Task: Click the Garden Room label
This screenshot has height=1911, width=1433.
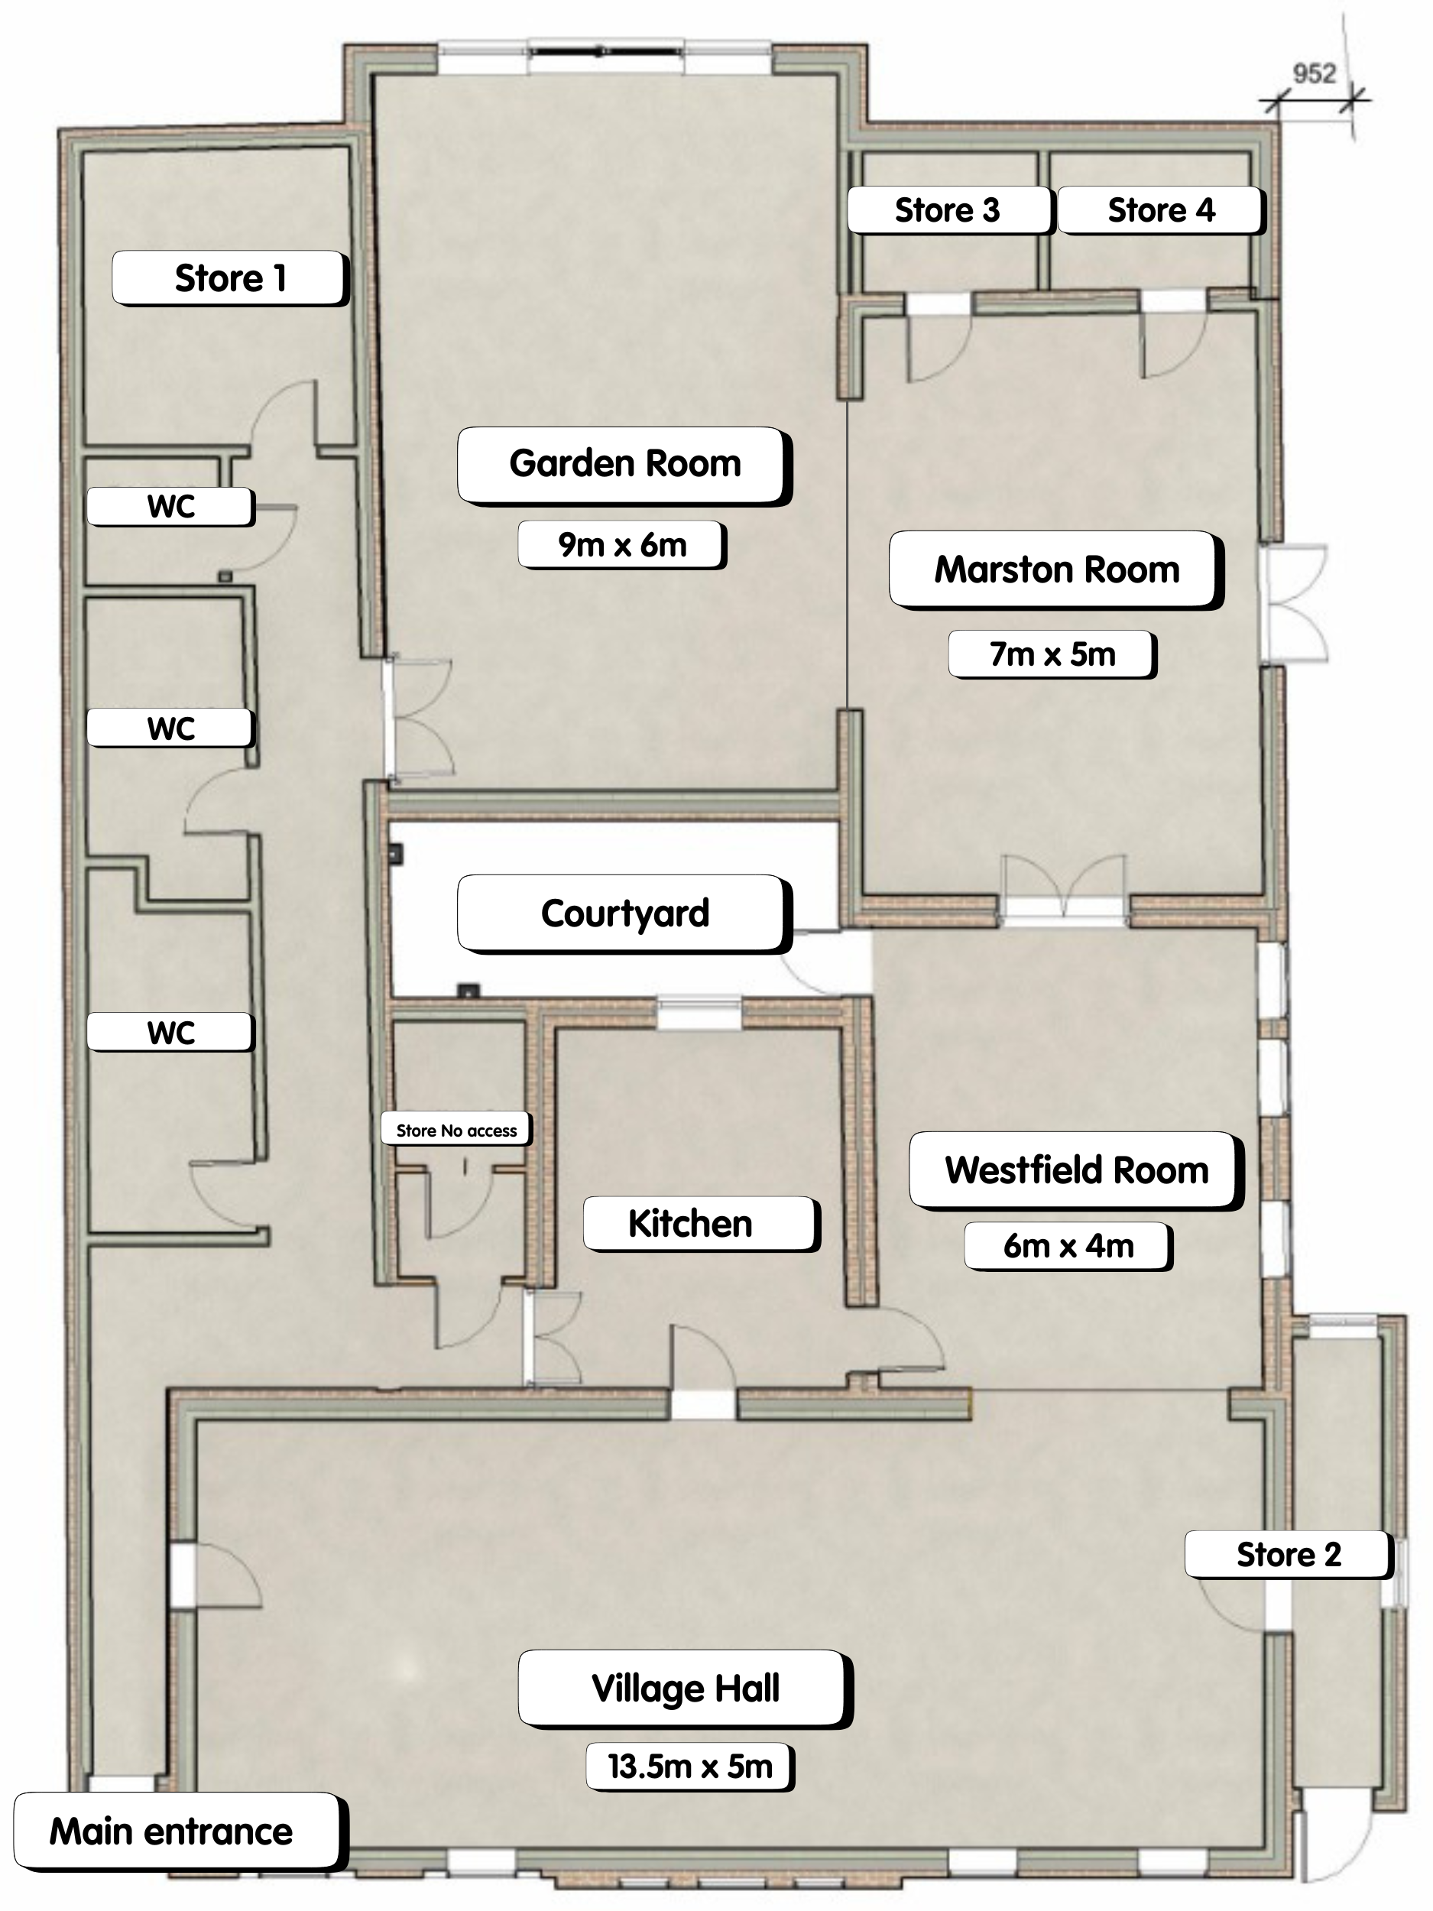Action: tap(624, 465)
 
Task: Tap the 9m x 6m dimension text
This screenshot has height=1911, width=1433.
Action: tap(622, 545)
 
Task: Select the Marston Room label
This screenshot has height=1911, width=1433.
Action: tap(1056, 570)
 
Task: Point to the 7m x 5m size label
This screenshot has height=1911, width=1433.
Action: tap(1052, 654)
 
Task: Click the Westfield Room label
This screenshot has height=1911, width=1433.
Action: tap(1076, 1170)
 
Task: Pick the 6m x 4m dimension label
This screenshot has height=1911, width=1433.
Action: tap(1068, 1246)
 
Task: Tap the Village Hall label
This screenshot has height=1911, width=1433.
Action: tap(686, 1689)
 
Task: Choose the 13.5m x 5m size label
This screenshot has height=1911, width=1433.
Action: tap(690, 1767)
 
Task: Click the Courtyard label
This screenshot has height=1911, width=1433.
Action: tap(624, 914)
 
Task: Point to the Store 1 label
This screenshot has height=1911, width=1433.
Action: tap(231, 278)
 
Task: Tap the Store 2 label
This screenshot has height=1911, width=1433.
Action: tap(1289, 1555)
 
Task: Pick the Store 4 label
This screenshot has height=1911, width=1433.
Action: tap(1162, 210)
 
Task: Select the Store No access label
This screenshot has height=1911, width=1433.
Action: tap(456, 1130)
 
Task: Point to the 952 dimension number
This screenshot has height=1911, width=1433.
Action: tap(1314, 74)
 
